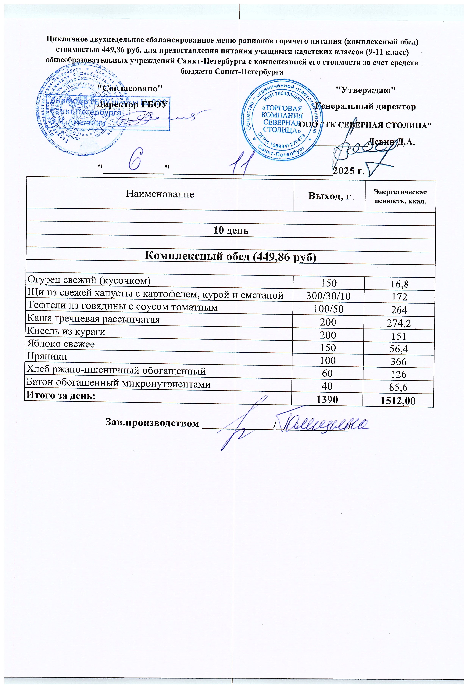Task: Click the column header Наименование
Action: (160, 194)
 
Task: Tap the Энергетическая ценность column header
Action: (400, 196)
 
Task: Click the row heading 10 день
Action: (231, 230)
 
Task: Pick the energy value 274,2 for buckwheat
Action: (399, 323)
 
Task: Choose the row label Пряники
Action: (47, 356)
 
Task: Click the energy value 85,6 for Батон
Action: (398, 387)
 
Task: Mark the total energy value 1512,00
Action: (398, 401)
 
